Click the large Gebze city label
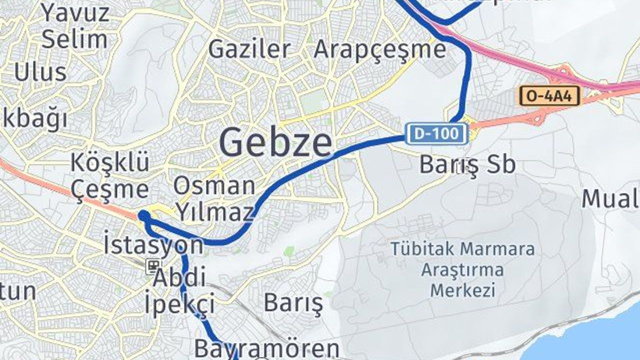point(275,142)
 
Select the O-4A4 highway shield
point(549,95)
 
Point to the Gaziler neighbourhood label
point(249,49)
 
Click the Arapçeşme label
point(379,49)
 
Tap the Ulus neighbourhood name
point(40,72)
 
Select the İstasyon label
point(153,245)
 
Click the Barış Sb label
point(467,164)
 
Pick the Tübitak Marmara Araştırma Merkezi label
point(462,269)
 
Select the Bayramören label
point(266,347)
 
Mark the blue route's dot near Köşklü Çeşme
point(144,216)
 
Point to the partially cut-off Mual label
point(610,199)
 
